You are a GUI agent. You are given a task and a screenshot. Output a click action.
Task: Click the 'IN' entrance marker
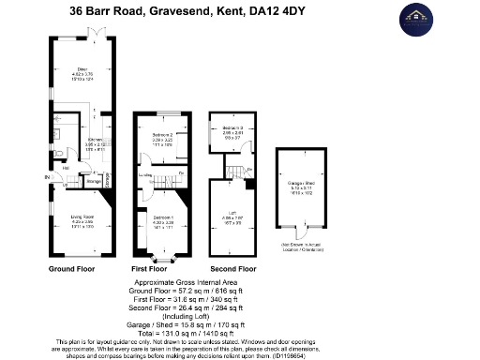45,177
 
